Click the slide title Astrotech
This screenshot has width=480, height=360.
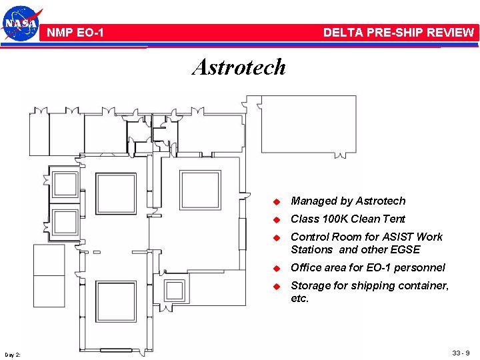[x=239, y=67]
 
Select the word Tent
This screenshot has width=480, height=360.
[x=393, y=219]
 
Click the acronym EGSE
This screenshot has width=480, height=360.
[x=405, y=249]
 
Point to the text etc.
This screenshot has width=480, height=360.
[x=300, y=298]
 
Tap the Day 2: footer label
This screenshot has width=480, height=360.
[x=12, y=353]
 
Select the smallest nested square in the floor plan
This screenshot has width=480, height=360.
[x=175, y=290]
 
